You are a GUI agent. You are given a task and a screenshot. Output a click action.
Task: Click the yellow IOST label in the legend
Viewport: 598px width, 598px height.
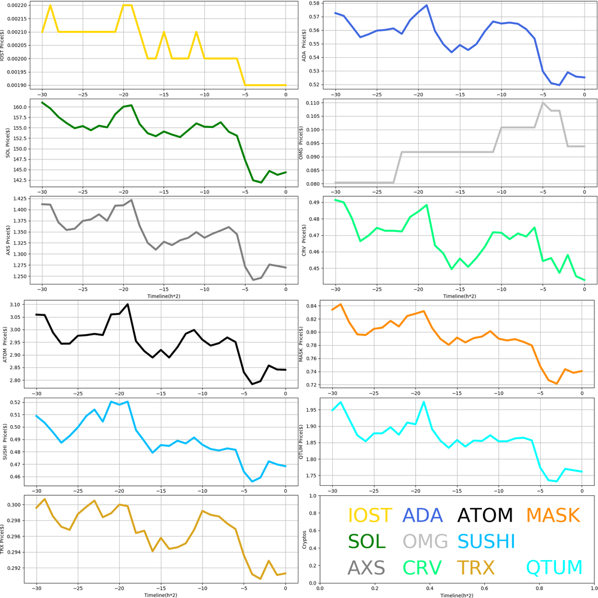[370, 516]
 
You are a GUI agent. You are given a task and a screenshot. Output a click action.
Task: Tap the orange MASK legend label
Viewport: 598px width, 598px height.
[553, 516]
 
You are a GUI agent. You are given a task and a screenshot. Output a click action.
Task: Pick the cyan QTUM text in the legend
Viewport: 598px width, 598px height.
[554, 568]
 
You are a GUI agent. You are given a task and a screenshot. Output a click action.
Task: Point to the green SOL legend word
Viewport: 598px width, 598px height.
[367, 542]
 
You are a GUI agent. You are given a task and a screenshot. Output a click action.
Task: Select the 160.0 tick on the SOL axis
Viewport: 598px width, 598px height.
[26, 107]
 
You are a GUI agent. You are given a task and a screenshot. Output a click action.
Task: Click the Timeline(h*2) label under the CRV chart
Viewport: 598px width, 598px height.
[458, 296]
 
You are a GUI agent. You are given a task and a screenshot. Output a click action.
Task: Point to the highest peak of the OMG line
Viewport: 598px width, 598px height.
[543, 103]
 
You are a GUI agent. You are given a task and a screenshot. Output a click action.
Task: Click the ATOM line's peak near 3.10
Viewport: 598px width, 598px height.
[127, 304]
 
